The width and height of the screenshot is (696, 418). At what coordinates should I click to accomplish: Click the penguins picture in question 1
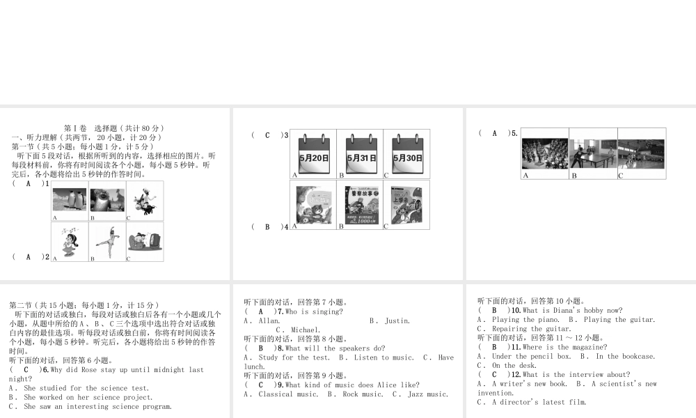[x=70, y=201]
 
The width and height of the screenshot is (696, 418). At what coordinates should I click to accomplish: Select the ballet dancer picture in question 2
[x=107, y=241]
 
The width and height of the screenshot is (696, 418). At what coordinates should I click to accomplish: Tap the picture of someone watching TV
[x=145, y=241]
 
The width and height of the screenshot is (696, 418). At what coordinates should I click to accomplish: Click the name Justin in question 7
[x=397, y=321]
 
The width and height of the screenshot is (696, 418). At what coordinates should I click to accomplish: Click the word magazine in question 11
[x=590, y=347]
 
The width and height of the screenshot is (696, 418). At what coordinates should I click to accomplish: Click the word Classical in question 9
[x=278, y=394]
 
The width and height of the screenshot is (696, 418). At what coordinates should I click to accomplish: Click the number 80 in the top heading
[x=148, y=129]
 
